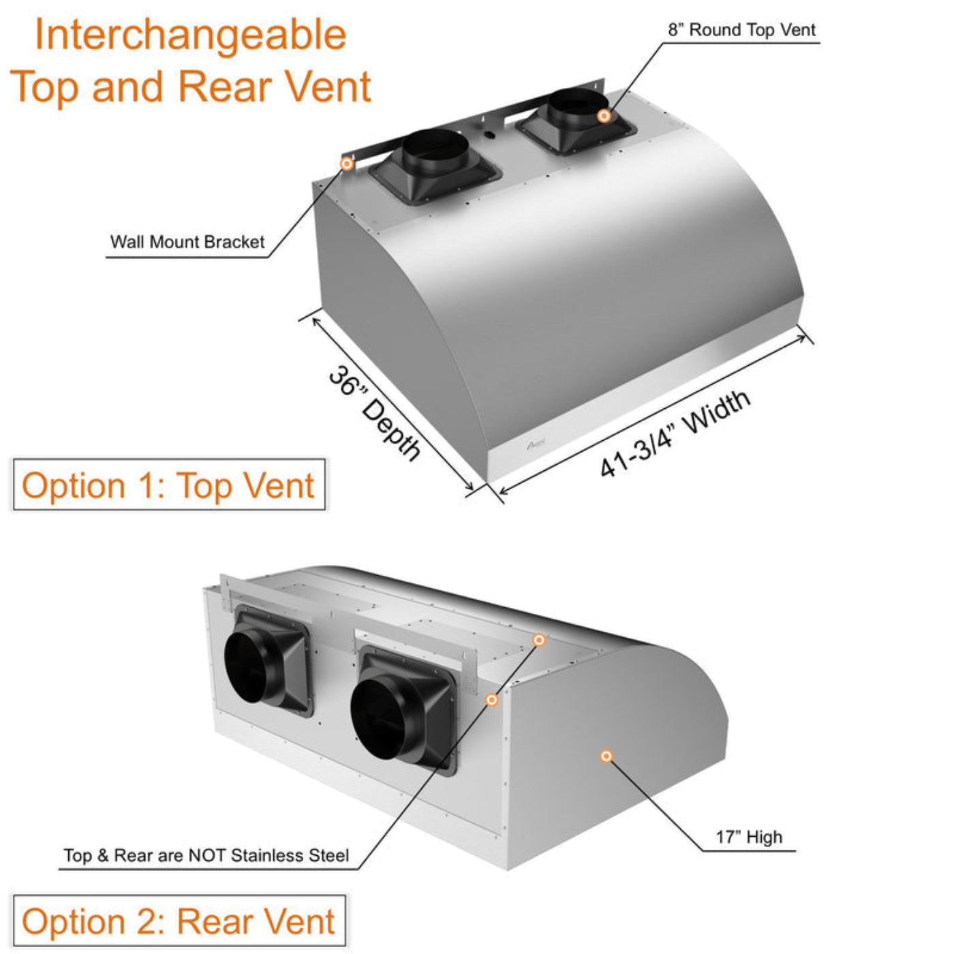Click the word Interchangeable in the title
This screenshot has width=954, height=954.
tap(190, 35)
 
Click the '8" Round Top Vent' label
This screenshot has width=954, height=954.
tap(741, 30)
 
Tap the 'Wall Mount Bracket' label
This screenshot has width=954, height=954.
tap(187, 242)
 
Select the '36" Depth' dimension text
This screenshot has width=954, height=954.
tap(374, 413)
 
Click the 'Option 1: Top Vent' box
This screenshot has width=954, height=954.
tap(168, 485)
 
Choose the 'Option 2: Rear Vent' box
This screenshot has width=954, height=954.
tap(179, 921)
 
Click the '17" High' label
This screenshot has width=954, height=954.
tap(748, 837)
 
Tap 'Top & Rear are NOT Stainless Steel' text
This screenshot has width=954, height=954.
tap(206, 855)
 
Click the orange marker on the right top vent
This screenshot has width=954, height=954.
tap(603, 116)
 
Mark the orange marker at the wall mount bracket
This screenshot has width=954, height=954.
tap(346, 164)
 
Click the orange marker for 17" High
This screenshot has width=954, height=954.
tap(606, 756)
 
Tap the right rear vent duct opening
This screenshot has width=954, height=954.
tap(378, 719)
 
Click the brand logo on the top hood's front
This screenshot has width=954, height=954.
tap(536, 444)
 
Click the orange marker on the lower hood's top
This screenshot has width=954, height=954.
tap(539, 640)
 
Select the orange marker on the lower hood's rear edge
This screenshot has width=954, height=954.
tap(491, 700)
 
